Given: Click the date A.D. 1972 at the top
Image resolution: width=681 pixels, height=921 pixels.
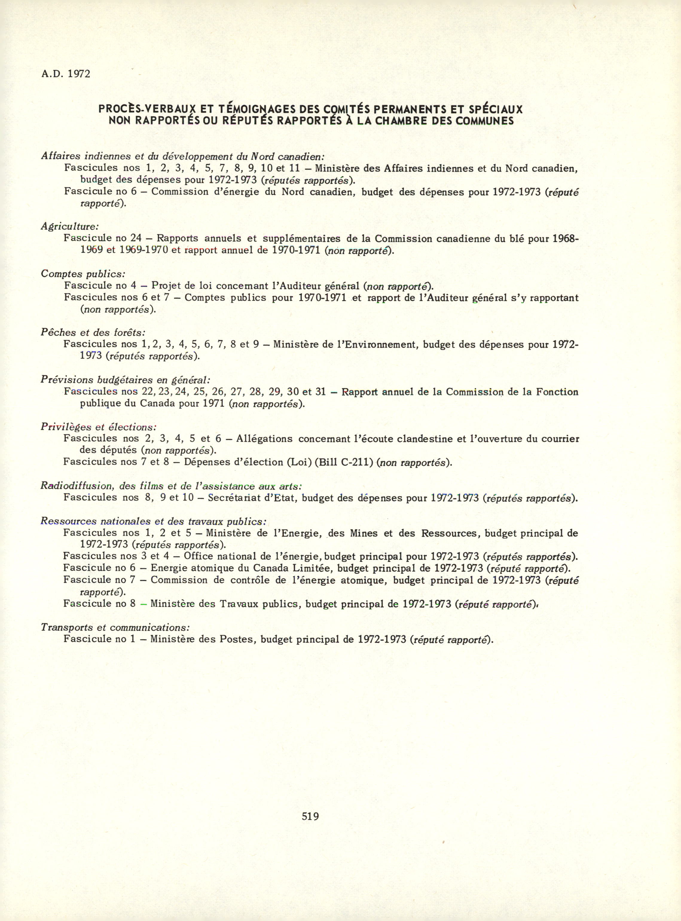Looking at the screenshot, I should click(x=65, y=74).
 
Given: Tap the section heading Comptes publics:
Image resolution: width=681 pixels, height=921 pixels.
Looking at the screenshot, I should click(x=83, y=274).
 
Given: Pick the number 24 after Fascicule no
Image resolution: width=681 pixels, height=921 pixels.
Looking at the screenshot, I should click(x=136, y=238).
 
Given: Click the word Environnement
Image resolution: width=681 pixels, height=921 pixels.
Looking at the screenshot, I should click(x=380, y=344).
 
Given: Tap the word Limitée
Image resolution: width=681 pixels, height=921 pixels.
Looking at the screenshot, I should click(x=312, y=568).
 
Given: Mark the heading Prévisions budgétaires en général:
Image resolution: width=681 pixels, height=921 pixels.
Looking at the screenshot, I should click(x=125, y=380).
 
